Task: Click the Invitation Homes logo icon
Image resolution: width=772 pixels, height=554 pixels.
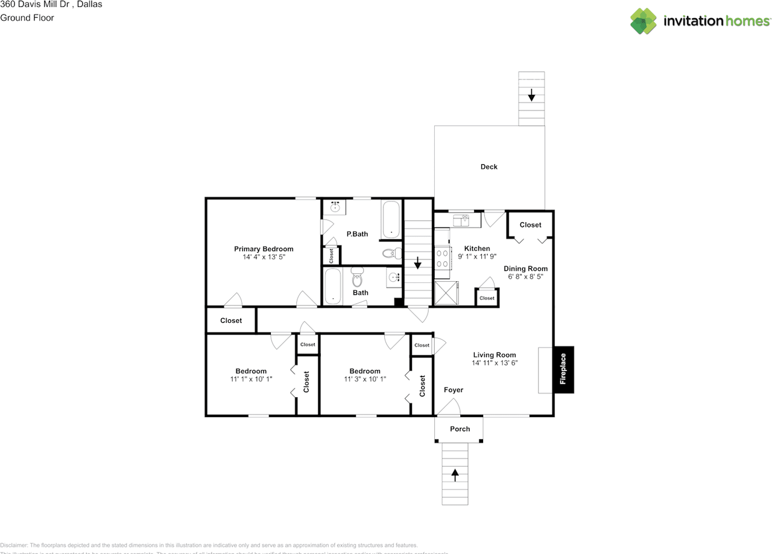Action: [644, 21]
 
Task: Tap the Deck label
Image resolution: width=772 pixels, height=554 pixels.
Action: [489, 167]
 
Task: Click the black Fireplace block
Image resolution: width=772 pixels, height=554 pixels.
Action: [563, 369]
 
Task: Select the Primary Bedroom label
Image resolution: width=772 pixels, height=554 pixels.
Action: [264, 249]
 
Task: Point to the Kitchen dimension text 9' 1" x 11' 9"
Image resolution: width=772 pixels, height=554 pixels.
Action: [476, 256]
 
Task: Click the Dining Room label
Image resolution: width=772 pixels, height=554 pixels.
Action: [525, 269]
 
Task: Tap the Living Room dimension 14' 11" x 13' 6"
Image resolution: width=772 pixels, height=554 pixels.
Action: [495, 363]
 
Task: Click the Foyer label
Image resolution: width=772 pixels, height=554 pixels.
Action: [454, 390]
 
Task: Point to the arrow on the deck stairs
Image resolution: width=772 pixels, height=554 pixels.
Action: [531, 95]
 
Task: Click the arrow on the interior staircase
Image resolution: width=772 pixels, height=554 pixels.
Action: [417, 264]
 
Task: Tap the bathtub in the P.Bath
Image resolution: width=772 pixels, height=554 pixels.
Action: [391, 220]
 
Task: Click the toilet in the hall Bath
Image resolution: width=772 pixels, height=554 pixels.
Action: [357, 279]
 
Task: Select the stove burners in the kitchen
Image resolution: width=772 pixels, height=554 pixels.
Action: [442, 259]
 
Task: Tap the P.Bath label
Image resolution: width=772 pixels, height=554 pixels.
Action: [357, 234]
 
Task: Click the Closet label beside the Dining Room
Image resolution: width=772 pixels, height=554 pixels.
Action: [530, 224]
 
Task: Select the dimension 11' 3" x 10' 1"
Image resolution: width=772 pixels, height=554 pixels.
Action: [365, 379]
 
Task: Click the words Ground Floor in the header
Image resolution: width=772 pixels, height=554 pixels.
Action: [27, 18]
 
